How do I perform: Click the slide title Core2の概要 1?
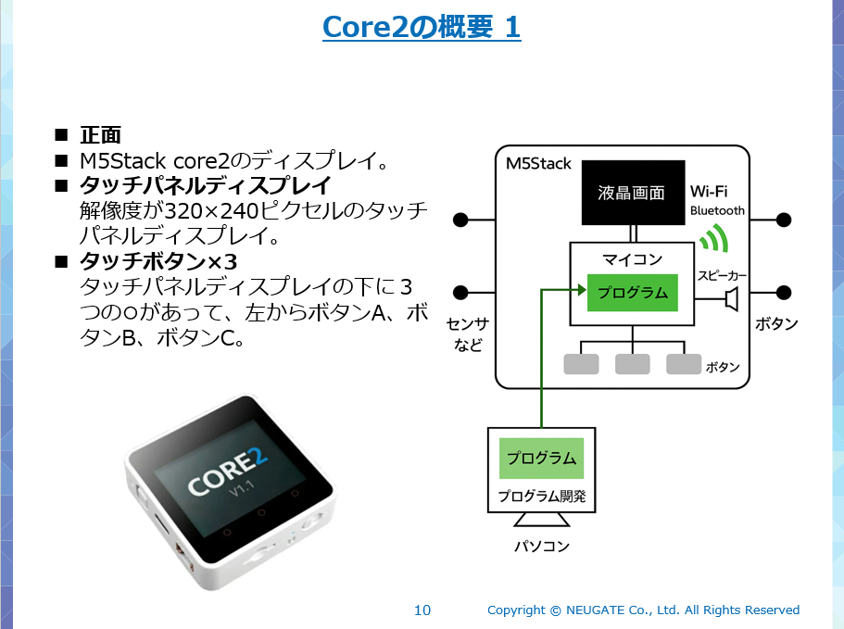[x=422, y=27]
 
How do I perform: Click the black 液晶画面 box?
[x=632, y=193]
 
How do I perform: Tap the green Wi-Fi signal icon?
[x=712, y=239]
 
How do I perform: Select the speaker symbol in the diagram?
[x=731, y=298]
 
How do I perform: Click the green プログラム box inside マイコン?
[x=632, y=293]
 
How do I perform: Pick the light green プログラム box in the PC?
[x=541, y=459]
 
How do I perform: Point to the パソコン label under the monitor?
[x=542, y=546]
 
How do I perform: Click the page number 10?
[x=422, y=610]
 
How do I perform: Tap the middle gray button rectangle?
[x=632, y=364]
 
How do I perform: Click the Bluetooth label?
[x=717, y=210]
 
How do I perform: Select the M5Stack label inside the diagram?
[x=538, y=164]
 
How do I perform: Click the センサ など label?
[x=467, y=334]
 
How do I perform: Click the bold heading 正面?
[x=100, y=135]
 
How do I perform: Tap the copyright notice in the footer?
[x=643, y=610]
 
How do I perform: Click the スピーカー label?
[x=722, y=275]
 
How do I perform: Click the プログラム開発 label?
[x=542, y=496]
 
